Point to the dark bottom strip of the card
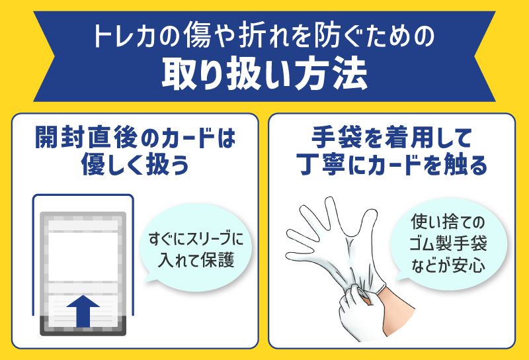coord(83,326)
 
